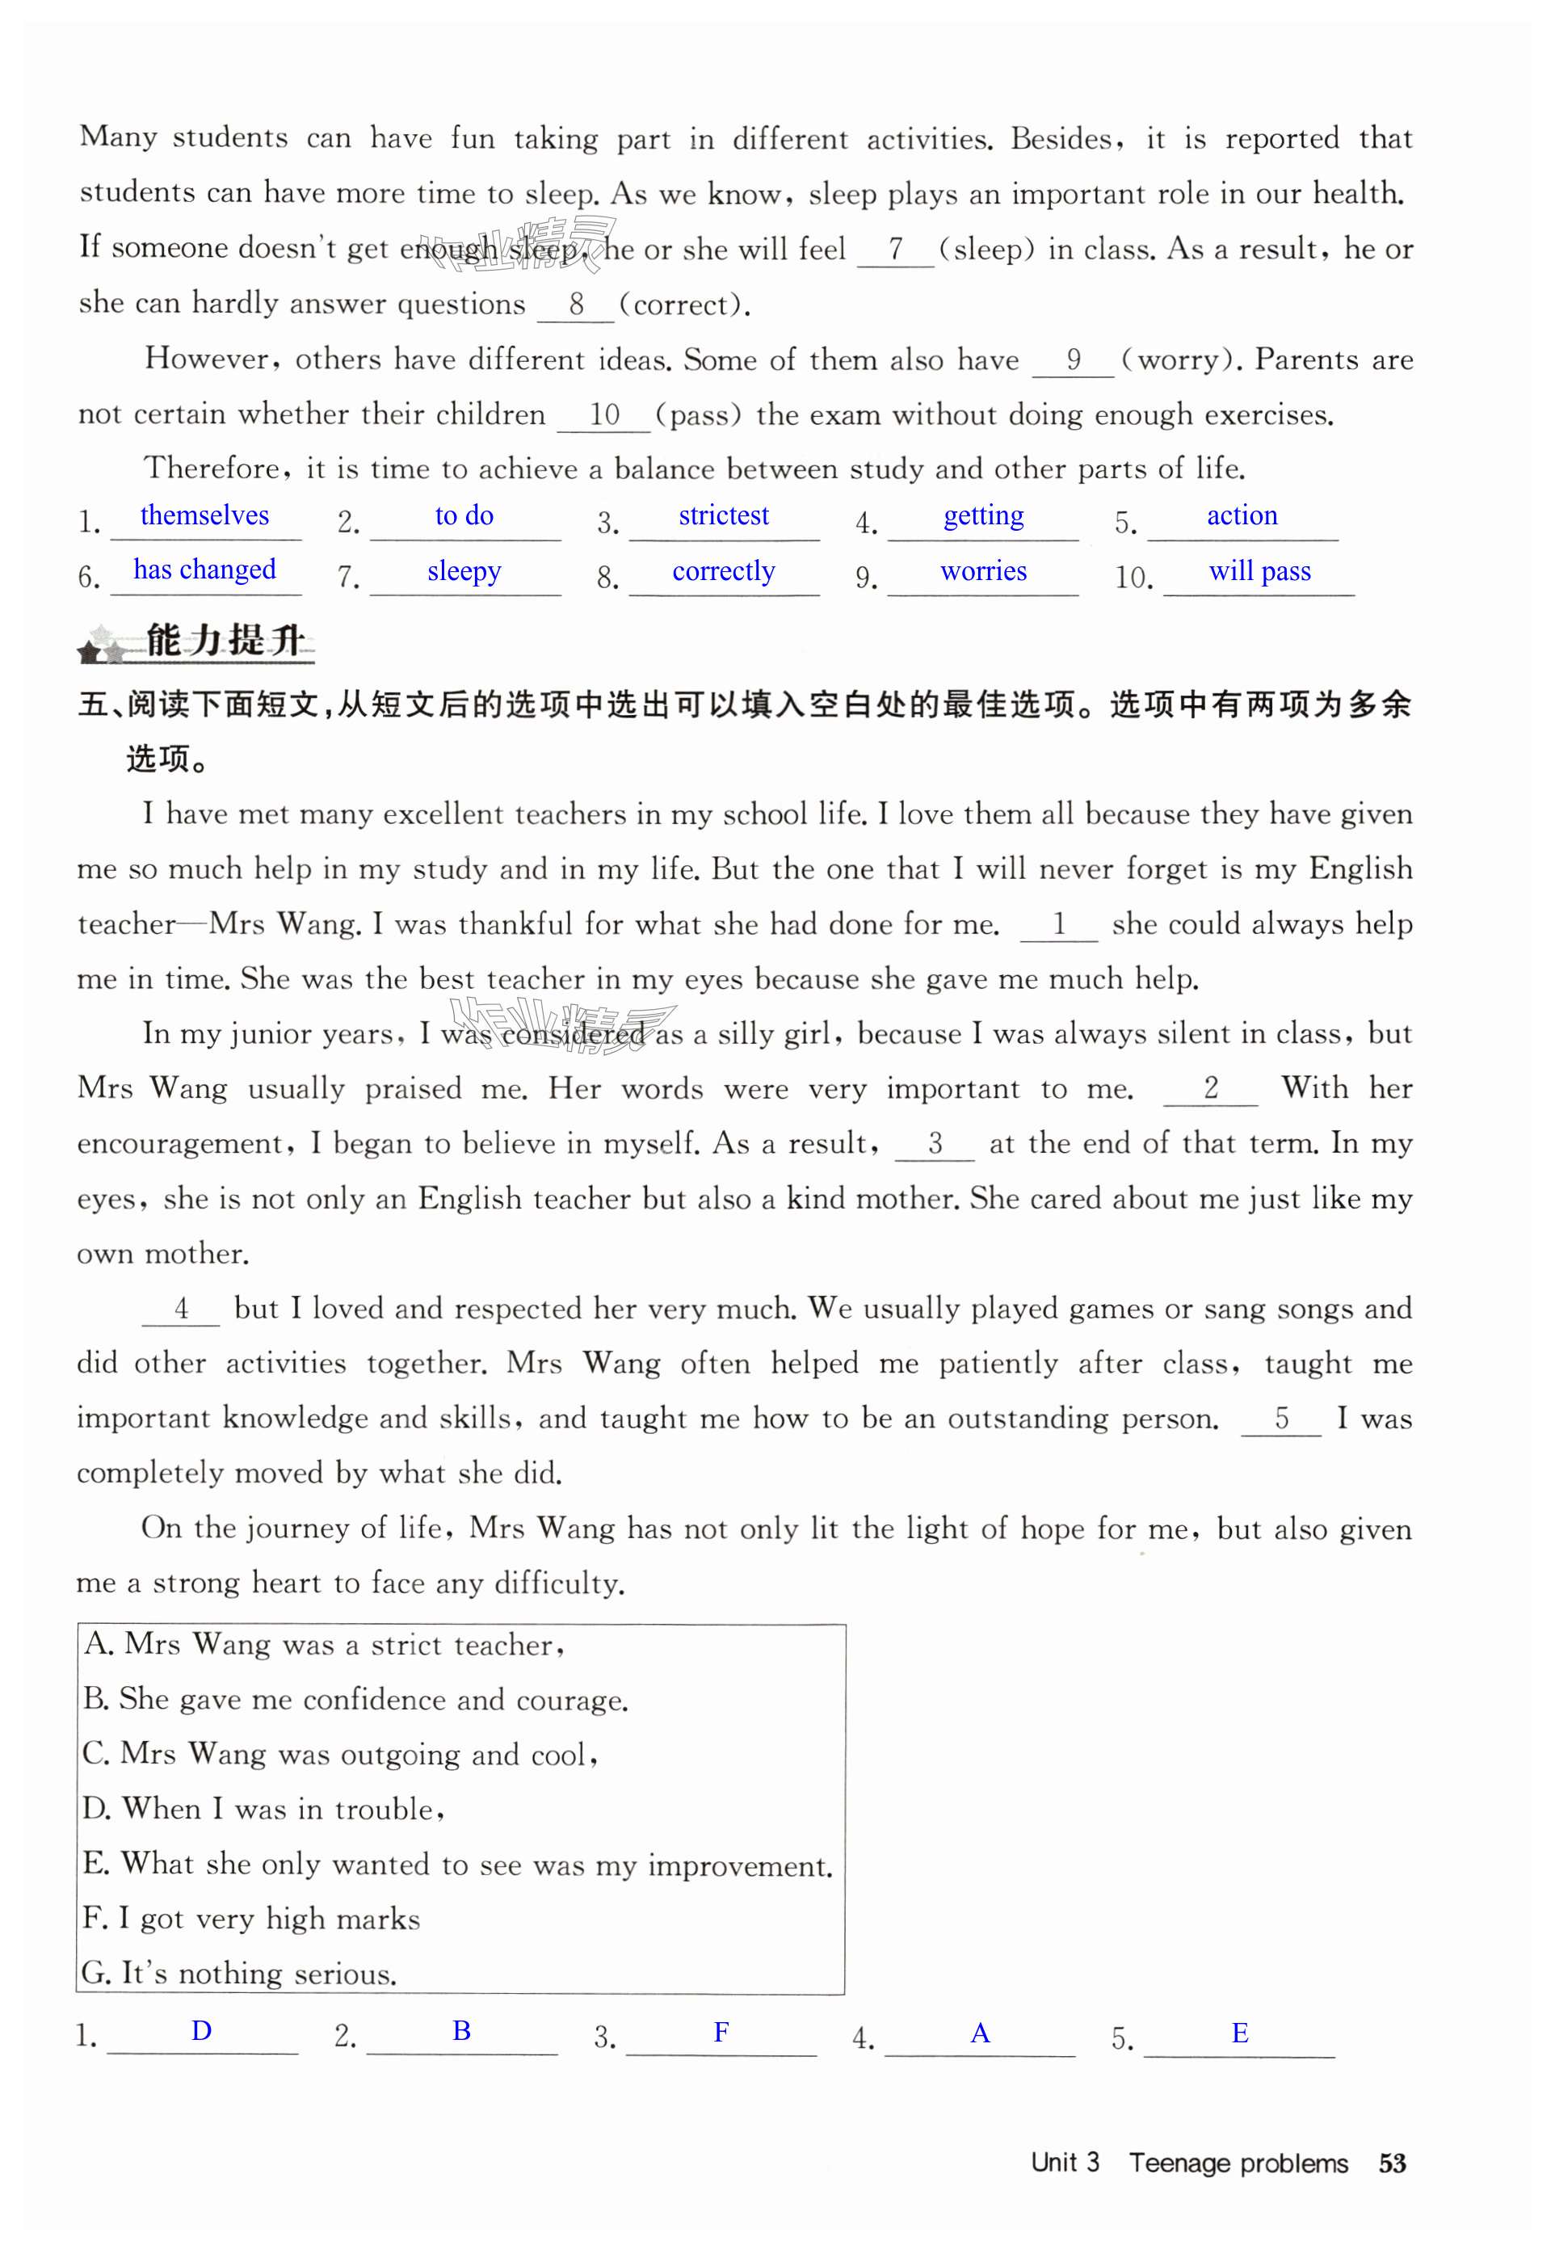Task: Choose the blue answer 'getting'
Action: [983, 515]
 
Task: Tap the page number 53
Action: [1393, 2164]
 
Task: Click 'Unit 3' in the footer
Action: [1065, 2163]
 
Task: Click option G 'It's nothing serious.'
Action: [240, 1974]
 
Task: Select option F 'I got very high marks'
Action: [251, 1919]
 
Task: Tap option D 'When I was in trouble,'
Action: [264, 1809]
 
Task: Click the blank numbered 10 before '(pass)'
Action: [604, 415]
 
